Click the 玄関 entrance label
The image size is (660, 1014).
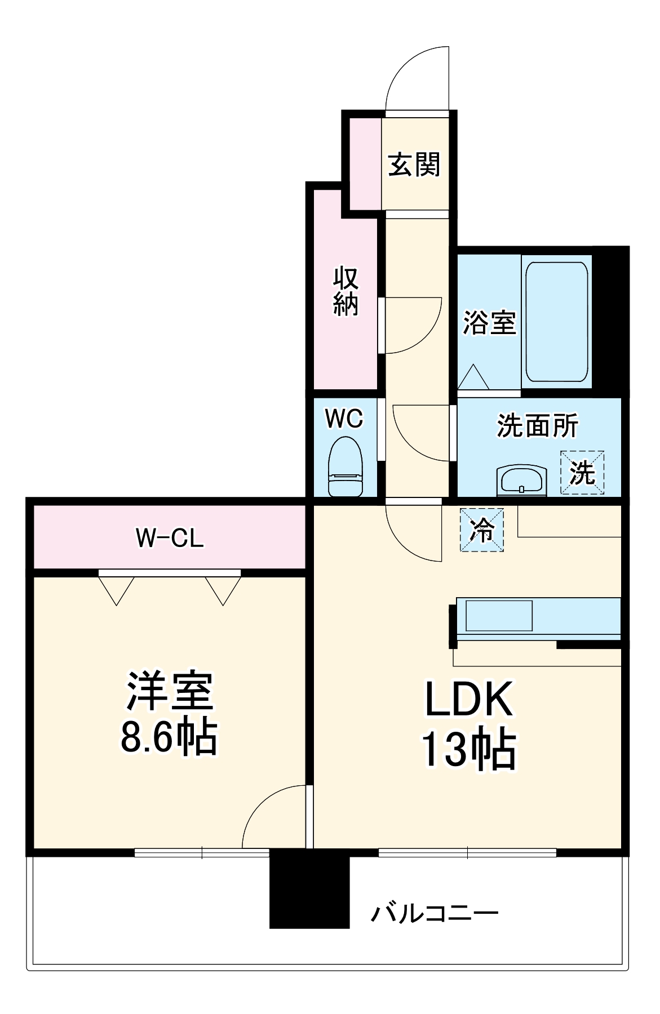414,165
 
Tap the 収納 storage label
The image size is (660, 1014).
345,291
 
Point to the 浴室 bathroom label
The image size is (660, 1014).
489,323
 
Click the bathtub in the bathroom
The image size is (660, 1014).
557,322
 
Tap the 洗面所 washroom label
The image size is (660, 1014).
537,426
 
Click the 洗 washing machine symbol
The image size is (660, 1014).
582,473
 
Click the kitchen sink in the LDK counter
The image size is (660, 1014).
498,615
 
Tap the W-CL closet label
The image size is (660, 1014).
169,539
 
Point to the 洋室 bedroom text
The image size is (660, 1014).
169,691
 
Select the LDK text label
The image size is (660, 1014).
469,699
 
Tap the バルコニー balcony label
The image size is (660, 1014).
434,913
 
